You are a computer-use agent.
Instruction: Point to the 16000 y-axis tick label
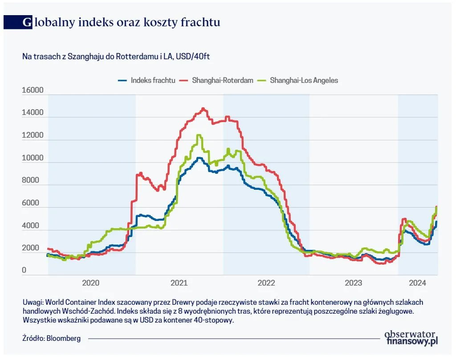pyautogui.click(x=33, y=90)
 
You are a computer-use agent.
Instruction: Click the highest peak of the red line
pyautogui.click(x=203, y=108)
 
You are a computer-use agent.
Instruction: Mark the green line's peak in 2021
pyautogui.click(x=199, y=135)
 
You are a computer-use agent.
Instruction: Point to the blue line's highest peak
pyautogui.click(x=199, y=158)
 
